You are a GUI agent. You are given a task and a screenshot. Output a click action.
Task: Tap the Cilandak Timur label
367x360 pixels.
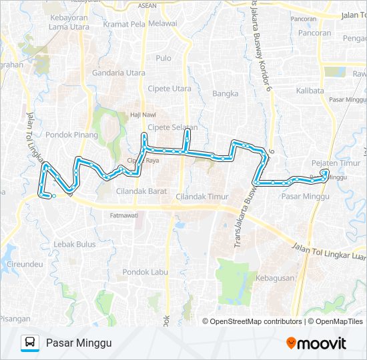202,197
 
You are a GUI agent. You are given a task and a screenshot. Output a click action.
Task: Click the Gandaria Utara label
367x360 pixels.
119,73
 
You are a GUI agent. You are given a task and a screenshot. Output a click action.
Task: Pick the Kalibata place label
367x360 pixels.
310,90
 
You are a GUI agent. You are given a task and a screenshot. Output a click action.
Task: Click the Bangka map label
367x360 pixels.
225,94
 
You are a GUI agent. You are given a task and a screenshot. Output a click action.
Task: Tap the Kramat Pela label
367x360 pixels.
124,23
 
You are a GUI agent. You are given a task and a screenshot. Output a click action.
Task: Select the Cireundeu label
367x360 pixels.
25,265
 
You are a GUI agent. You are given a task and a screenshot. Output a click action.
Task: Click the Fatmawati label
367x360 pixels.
123,215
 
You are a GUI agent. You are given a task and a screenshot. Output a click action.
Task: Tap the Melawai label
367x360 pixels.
162,23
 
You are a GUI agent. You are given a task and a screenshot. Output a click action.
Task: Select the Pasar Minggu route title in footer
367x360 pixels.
79,343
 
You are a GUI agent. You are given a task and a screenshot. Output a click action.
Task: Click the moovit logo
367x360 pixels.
316,343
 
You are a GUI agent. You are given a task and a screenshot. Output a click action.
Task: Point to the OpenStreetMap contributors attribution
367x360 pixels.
256,321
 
